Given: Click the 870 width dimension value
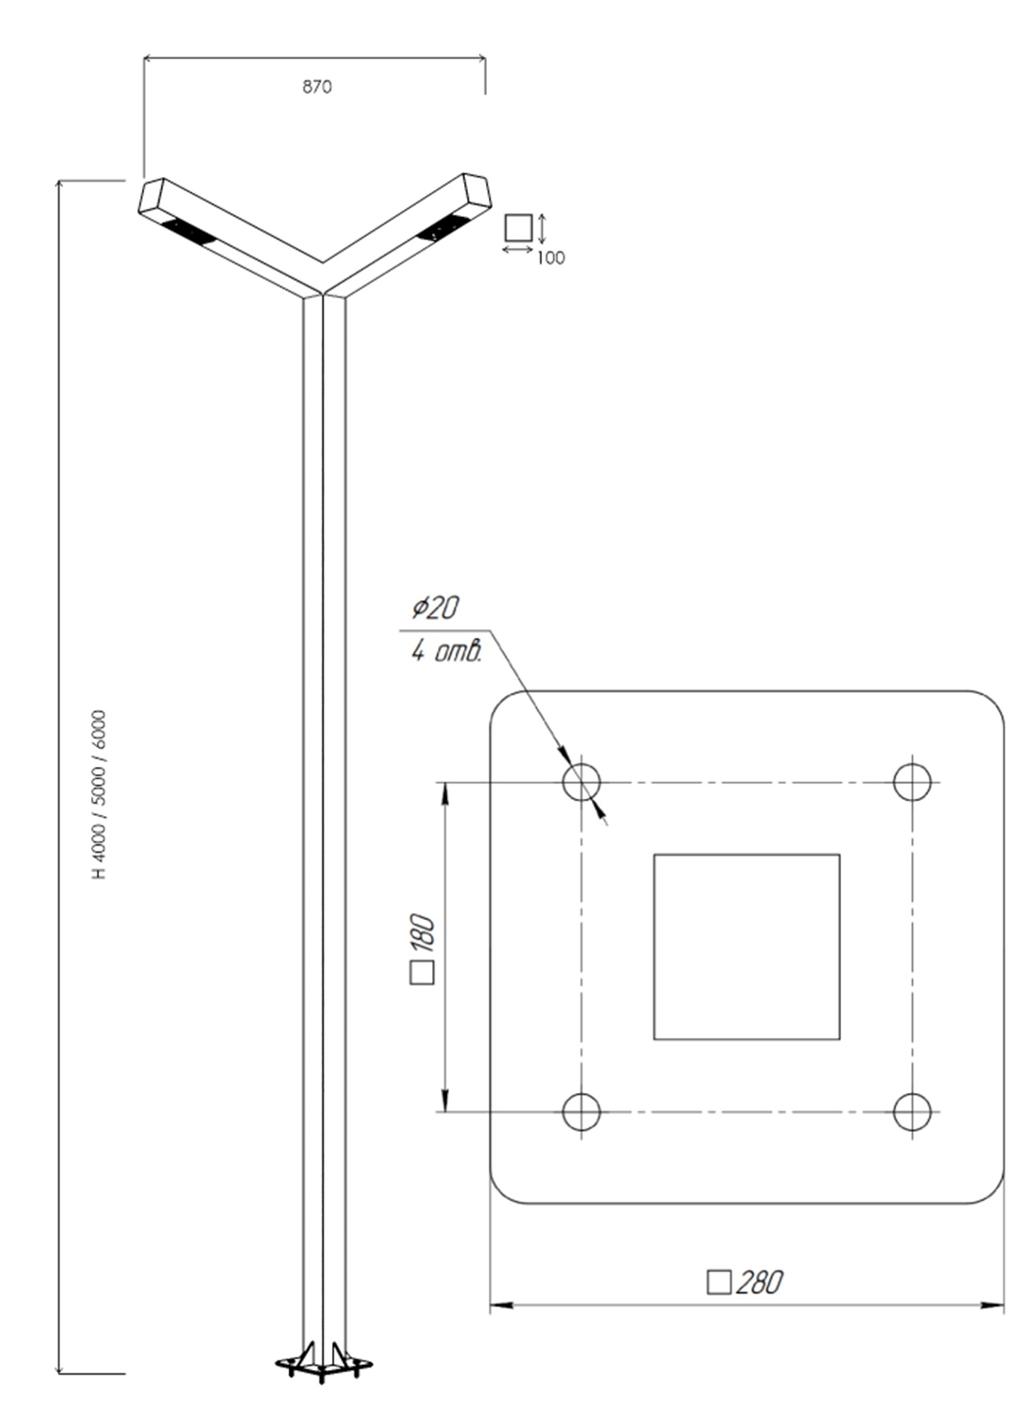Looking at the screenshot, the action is [x=317, y=87].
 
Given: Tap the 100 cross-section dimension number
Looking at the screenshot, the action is [x=551, y=258].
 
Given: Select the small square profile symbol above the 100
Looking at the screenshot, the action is [x=518, y=227].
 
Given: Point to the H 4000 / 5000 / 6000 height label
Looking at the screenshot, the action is [x=100, y=795].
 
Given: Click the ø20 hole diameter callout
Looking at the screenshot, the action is [x=435, y=608].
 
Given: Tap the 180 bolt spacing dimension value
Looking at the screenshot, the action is [x=423, y=934].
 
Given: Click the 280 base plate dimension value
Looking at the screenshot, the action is [x=760, y=1282].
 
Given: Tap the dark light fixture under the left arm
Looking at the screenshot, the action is [x=189, y=232].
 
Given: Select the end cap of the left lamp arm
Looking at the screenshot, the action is [x=152, y=196].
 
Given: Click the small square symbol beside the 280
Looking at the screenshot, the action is [x=719, y=1282].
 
